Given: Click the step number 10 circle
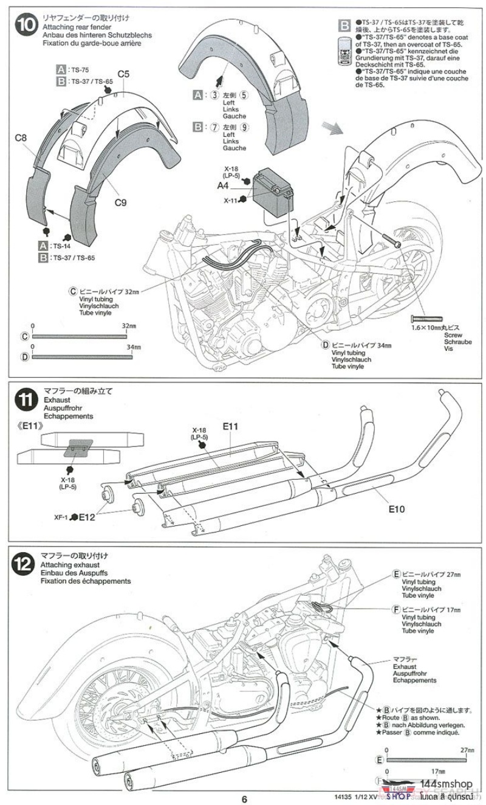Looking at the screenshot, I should (28, 28).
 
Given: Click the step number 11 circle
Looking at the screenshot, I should (28, 402).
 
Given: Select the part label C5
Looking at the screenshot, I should (123, 74).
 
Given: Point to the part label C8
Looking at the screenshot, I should (21, 139).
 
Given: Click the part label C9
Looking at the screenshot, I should (120, 204).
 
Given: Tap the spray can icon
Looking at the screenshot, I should (344, 54).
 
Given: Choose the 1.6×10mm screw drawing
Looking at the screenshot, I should (431, 319).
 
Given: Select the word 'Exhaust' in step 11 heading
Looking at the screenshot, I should (56, 400).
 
